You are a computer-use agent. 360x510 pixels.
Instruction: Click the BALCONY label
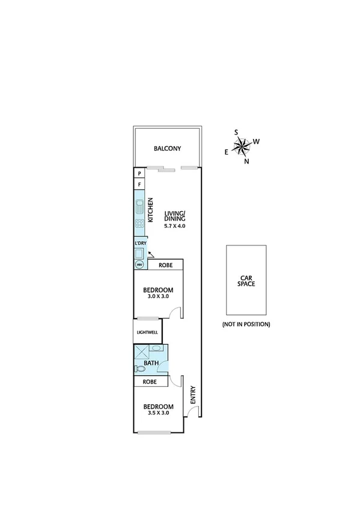167,149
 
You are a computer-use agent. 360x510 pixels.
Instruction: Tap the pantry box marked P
139,173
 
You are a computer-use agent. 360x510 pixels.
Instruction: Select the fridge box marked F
139,185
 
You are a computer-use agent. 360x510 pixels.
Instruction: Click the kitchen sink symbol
139,207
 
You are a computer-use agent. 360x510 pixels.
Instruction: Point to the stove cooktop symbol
139,227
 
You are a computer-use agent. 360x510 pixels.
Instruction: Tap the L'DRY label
139,243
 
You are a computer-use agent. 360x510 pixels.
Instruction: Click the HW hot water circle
139,265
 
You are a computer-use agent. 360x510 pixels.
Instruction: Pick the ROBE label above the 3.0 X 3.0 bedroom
166,265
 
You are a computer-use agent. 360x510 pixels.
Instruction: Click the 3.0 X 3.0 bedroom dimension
158,296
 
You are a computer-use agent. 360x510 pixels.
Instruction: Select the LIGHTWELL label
147,331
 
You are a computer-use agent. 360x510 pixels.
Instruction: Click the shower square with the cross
140,352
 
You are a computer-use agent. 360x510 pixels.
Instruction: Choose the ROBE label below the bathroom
150,382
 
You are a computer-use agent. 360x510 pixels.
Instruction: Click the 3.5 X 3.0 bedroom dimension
158,413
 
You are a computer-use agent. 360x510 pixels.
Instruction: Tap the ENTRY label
193,394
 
